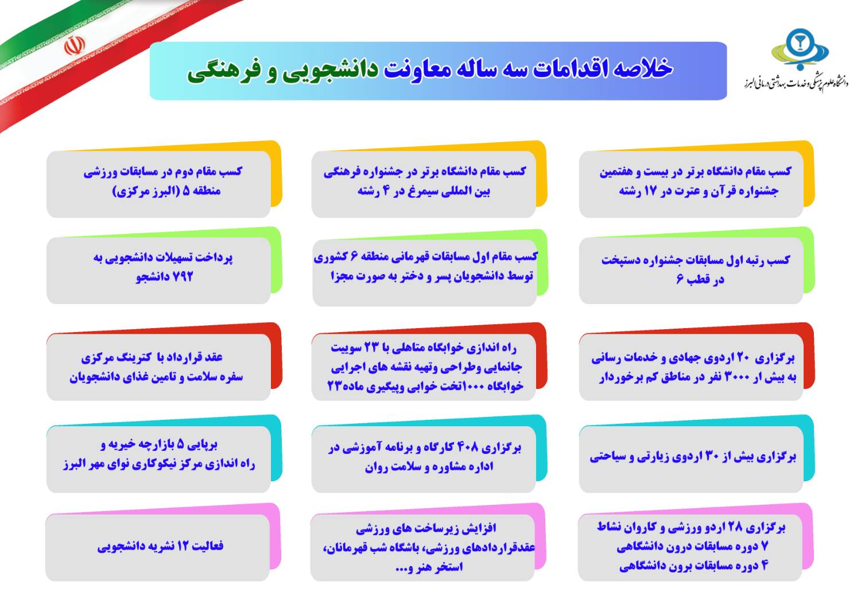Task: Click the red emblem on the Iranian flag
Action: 74,46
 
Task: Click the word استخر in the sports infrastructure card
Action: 449,567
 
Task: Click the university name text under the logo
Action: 796,83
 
